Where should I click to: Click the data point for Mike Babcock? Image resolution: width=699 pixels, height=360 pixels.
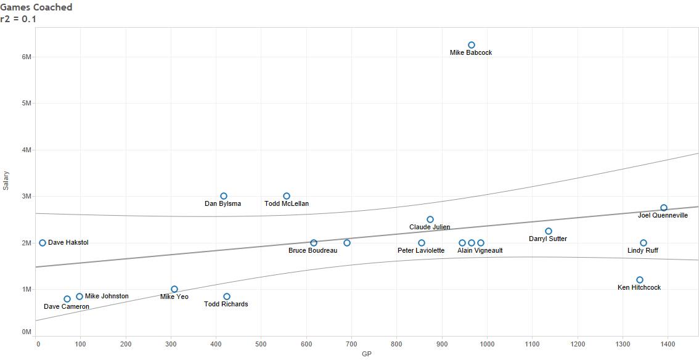point(472,45)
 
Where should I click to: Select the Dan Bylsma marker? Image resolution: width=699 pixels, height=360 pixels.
point(224,196)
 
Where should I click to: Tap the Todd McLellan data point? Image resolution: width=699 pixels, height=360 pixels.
point(287,196)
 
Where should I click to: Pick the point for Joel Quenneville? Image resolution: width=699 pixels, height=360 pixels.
point(664,208)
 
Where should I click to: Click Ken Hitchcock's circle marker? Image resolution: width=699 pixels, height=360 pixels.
point(640,280)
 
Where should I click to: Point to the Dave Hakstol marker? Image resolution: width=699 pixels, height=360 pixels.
point(43,243)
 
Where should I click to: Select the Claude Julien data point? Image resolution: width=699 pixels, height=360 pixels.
point(430,219)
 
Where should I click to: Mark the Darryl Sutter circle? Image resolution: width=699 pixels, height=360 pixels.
point(549,231)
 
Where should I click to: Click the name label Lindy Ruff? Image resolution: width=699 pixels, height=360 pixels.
point(643,251)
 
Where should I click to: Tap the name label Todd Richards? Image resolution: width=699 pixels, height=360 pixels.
point(226,305)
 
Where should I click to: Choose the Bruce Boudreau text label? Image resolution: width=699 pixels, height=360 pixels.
point(313,251)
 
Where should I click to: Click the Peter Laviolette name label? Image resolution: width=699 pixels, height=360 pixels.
point(421,251)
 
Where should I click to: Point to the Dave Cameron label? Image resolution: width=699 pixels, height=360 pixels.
point(67,307)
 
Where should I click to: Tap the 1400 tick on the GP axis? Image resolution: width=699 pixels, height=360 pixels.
point(668,343)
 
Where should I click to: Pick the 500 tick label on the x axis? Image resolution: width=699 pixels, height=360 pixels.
point(261,343)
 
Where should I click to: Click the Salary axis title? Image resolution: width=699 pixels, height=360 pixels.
point(6,180)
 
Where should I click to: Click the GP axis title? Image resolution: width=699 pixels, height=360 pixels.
point(367,354)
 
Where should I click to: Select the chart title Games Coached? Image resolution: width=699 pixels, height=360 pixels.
point(36,7)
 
